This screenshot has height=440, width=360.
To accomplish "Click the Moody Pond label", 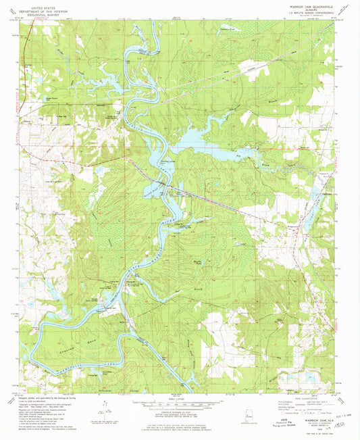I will (199, 260).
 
